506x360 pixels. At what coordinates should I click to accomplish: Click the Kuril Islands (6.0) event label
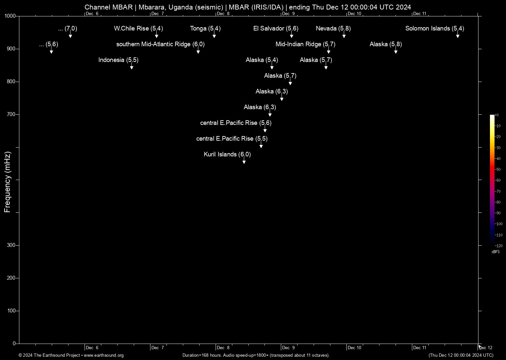pos(227,154)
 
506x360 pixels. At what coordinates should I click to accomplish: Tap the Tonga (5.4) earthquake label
pos(205,29)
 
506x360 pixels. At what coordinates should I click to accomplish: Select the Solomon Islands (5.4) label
pos(435,29)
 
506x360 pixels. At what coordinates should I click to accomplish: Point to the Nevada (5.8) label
pos(333,29)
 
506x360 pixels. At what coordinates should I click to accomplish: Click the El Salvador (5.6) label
pos(276,29)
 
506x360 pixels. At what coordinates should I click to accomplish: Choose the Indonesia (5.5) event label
pos(118,60)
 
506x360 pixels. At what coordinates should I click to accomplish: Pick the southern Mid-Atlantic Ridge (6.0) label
pos(160,44)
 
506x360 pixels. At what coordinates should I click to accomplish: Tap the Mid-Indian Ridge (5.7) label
pos(305,44)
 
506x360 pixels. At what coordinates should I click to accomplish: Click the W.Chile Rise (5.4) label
pos(138,29)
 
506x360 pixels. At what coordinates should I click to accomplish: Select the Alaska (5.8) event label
pos(386,44)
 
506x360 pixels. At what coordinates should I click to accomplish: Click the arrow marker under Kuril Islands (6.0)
pos(244,162)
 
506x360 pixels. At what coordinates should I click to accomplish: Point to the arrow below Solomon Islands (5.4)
pos(458,36)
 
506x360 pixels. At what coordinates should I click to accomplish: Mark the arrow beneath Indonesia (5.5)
pos(131,67)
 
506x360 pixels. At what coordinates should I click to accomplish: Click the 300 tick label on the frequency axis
pos(11,245)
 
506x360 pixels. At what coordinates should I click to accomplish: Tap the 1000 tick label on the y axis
pos(10,16)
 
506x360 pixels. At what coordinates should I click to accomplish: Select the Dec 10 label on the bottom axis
pos(354,348)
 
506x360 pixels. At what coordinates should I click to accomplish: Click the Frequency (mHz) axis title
pos(7,182)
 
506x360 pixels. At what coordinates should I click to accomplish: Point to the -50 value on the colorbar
pos(498,170)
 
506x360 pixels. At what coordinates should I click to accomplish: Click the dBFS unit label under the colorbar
pos(496,252)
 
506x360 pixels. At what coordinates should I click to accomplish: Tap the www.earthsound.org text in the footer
pos(104,355)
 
